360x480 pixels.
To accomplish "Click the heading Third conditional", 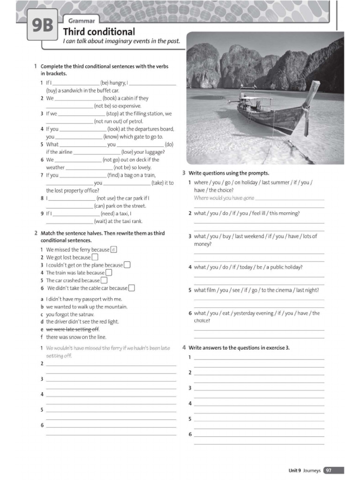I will pyautogui.click(x=98, y=32).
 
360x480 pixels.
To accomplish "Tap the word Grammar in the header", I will pyautogui.click(x=82, y=21).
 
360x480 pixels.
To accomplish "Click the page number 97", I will pyautogui.click(x=329, y=470).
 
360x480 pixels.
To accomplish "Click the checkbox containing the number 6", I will pyautogui.click(x=113, y=250).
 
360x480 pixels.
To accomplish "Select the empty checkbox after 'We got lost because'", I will pyautogui.click(x=95, y=257).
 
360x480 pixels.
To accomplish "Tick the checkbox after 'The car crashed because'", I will pyautogui.click(x=104, y=280).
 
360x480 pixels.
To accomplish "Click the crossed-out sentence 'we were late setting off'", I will pyautogui.click(x=73, y=330).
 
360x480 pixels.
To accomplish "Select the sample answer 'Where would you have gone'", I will pyautogui.click(x=224, y=198).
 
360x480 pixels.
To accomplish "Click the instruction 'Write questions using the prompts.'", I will pyautogui.click(x=229, y=173).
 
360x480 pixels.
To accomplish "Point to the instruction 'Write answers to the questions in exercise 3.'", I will pyautogui.click(x=239, y=348).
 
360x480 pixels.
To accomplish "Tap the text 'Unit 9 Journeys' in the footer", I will pyautogui.click(x=304, y=470).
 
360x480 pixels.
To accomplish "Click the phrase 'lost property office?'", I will pyautogui.click(x=73, y=190).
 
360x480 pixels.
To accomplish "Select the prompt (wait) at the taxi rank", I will pyautogui.click(x=118, y=221).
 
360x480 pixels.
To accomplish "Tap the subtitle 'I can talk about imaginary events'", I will pyautogui.click(x=121, y=41).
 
